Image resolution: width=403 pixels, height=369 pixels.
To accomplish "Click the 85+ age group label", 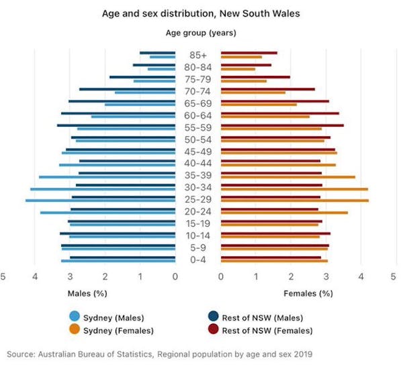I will coord(197,55).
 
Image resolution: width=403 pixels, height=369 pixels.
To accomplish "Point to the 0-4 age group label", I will coord(197,260).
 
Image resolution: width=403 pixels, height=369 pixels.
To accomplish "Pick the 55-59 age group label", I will coord(197,127).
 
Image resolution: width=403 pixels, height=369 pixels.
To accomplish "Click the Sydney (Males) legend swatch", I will coord(75,317).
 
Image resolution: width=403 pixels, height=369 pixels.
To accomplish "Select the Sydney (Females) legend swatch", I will coord(75,330).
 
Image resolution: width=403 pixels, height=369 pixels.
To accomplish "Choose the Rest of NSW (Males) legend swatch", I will coord(214,317).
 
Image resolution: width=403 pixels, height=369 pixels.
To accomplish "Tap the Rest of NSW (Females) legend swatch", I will coord(214,330).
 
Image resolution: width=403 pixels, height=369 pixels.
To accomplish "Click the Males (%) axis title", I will coord(87,293).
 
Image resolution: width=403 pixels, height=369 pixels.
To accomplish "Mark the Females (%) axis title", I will coord(308,293).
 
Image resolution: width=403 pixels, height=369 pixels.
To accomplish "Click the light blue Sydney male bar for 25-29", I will coord(101,201).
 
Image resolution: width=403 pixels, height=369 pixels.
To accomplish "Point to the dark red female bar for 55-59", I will coord(282,125).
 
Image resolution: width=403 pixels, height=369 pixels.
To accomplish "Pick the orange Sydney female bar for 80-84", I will coord(238,69).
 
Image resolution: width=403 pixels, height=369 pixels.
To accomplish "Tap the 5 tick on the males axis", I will coord(3,276).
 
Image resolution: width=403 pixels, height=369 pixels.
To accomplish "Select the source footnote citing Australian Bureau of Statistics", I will coord(160,354).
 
